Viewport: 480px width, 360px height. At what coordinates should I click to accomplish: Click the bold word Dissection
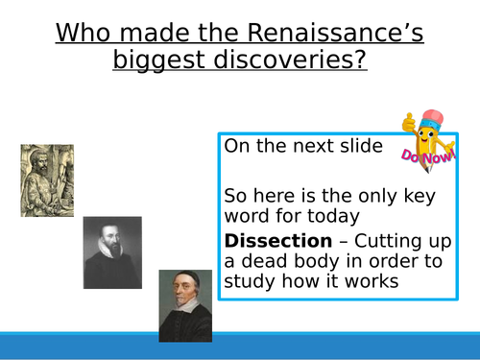pos(271,239)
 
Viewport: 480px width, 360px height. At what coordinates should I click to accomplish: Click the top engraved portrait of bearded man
pos(47,180)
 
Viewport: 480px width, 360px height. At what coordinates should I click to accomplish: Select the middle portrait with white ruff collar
pos(112,252)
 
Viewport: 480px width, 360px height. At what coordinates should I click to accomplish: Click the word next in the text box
pos(299,146)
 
